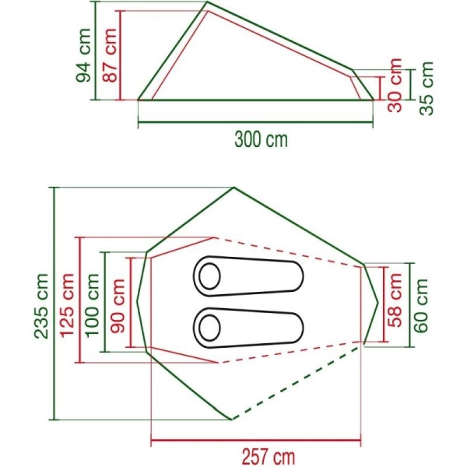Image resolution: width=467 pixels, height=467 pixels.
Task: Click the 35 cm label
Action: coord(426,85)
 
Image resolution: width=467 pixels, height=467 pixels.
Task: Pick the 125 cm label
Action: coord(68,300)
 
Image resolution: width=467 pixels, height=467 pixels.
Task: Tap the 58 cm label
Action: coord(396,304)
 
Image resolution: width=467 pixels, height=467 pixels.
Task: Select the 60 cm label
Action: coord(421,304)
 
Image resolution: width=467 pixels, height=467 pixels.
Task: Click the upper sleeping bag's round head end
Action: coord(209,276)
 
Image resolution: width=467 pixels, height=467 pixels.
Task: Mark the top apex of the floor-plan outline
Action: coord(233,188)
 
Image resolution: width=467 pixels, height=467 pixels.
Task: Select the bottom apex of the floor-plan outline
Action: coord(231,419)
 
